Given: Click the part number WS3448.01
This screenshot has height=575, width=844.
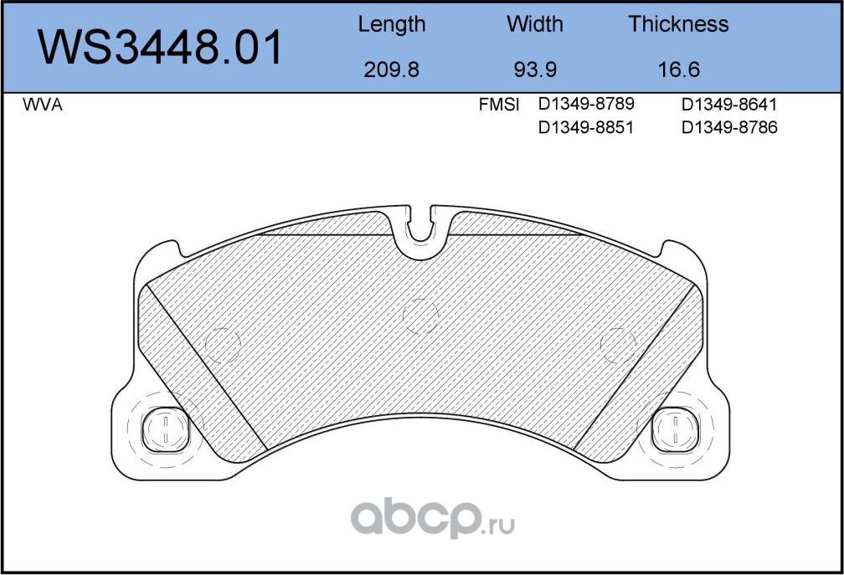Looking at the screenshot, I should click(162, 47).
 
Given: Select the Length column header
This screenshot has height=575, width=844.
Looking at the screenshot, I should click(391, 24).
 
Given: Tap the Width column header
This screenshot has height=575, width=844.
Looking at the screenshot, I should click(534, 24).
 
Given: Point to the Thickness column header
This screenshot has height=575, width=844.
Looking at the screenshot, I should click(678, 24).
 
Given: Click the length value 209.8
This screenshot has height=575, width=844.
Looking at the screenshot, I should click(391, 69).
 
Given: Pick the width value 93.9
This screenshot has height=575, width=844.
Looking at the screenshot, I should click(534, 69).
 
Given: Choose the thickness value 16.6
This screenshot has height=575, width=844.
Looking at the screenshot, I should click(678, 69).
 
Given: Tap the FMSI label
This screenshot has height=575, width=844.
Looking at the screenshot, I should click(498, 105).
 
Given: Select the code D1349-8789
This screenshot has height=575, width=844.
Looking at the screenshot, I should click(585, 105).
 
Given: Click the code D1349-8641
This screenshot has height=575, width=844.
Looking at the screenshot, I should click(729, 105).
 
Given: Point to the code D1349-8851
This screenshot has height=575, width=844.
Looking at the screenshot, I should click(585, 128).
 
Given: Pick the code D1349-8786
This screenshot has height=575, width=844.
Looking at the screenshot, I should click(729, 128).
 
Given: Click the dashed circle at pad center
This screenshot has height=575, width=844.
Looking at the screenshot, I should click(420, 316).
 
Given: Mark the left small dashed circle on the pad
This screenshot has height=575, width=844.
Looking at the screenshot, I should click(223, 344).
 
